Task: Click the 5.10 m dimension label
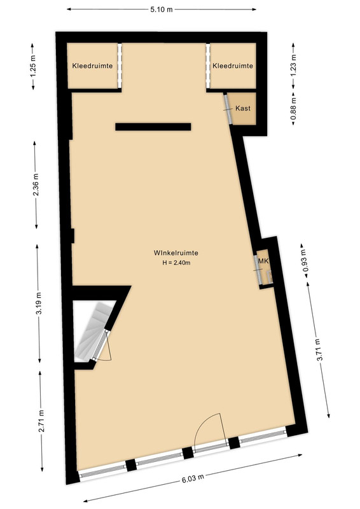tap(162, 10)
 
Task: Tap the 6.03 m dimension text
tap(193, 478)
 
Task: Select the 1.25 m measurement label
tap(34, 66)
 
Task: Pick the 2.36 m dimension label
tap(36, 185)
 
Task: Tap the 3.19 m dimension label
tap(39, 303)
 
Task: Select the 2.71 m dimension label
tap(41, 421)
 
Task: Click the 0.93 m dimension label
tap(303, 261)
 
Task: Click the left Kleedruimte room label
tap(92, 66)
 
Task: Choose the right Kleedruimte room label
tap(233, 66)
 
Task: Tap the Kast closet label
tap(243, 108)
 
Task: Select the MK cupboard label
tap(263, 261)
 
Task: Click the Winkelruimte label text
tap(176, 253)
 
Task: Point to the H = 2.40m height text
tap(177, 263)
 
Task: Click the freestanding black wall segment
tap(153, 127)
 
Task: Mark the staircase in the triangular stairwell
tap(92, 330)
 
